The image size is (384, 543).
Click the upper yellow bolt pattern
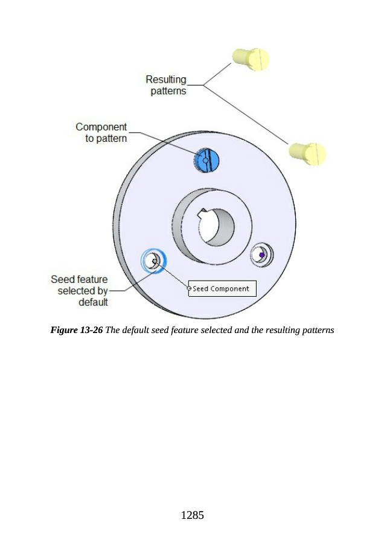(x=250, y=59)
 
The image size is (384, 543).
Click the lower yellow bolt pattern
(x=308, y=153)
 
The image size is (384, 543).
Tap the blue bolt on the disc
(x=207, y=160)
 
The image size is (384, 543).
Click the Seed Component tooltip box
(x=222, y=289)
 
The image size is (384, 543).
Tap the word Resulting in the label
(x=166, y=80)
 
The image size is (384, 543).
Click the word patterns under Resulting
(x=168, y=92)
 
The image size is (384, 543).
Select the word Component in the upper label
(x=101, y=127)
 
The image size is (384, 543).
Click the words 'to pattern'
(x=106, y=139)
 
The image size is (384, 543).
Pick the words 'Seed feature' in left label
(x=79, y=279)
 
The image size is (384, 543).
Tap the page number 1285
(x=192, y=515)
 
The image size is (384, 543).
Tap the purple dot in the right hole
(x=261, y=255)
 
